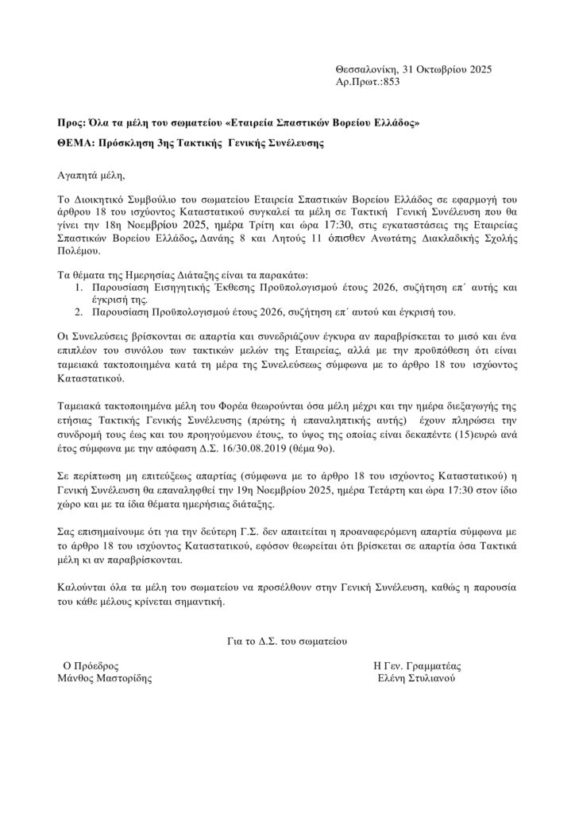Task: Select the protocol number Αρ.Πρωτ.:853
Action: pyautogui.click(x=369, y=83)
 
